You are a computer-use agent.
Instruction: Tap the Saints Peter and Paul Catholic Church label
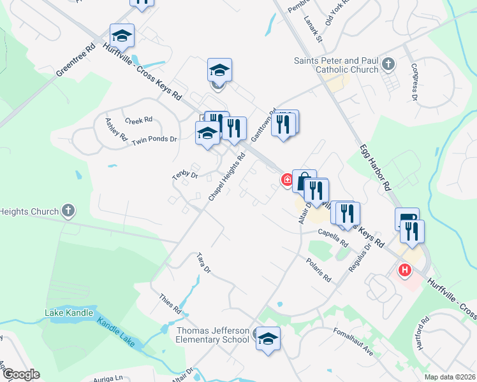[x=336, y=65]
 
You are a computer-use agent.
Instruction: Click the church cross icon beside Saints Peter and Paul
[x=389, y=64]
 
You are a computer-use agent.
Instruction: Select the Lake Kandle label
[x=69, y=313]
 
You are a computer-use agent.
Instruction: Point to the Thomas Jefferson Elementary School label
[x=212, y=335]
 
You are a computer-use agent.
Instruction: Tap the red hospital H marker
[x=404, y=271]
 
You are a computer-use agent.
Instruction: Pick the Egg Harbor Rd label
[x=375, y=169]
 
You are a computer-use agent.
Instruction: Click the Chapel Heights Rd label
[x=227, y=178]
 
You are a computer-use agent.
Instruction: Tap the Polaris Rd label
[x=319, y=271]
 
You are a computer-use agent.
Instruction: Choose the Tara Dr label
[x=204, y=262]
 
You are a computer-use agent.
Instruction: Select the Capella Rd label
[x=333, y=237]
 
